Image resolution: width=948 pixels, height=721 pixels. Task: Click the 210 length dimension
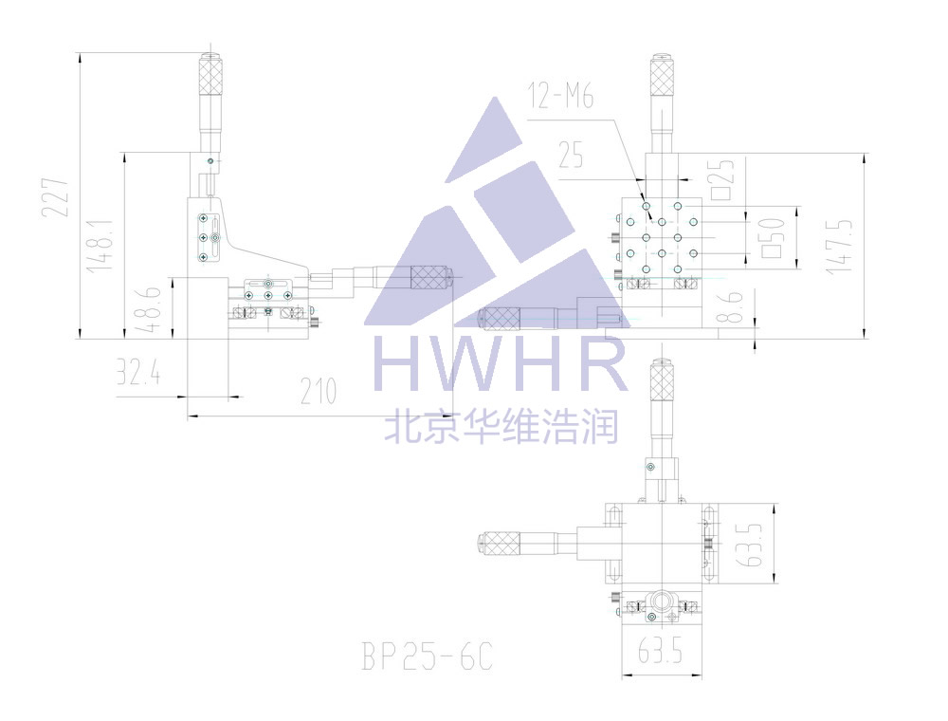[319, 391]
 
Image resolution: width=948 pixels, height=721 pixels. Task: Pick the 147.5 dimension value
[839, 246]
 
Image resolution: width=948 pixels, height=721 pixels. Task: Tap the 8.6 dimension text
[729, 309]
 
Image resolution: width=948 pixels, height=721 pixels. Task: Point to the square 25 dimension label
[723, 176]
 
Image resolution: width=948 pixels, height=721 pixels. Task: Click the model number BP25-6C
[428, 656]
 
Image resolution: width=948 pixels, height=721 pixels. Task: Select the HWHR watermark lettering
[501, 361]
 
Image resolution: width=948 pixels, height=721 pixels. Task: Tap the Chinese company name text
[501, 426]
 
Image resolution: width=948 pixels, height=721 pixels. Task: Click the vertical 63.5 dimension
[755, 543]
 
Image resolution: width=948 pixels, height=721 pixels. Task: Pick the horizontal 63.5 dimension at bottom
[662, 652]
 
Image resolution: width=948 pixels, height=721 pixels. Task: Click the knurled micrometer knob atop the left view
[209, 75]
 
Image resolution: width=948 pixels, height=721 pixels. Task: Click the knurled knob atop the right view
[661, 77]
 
